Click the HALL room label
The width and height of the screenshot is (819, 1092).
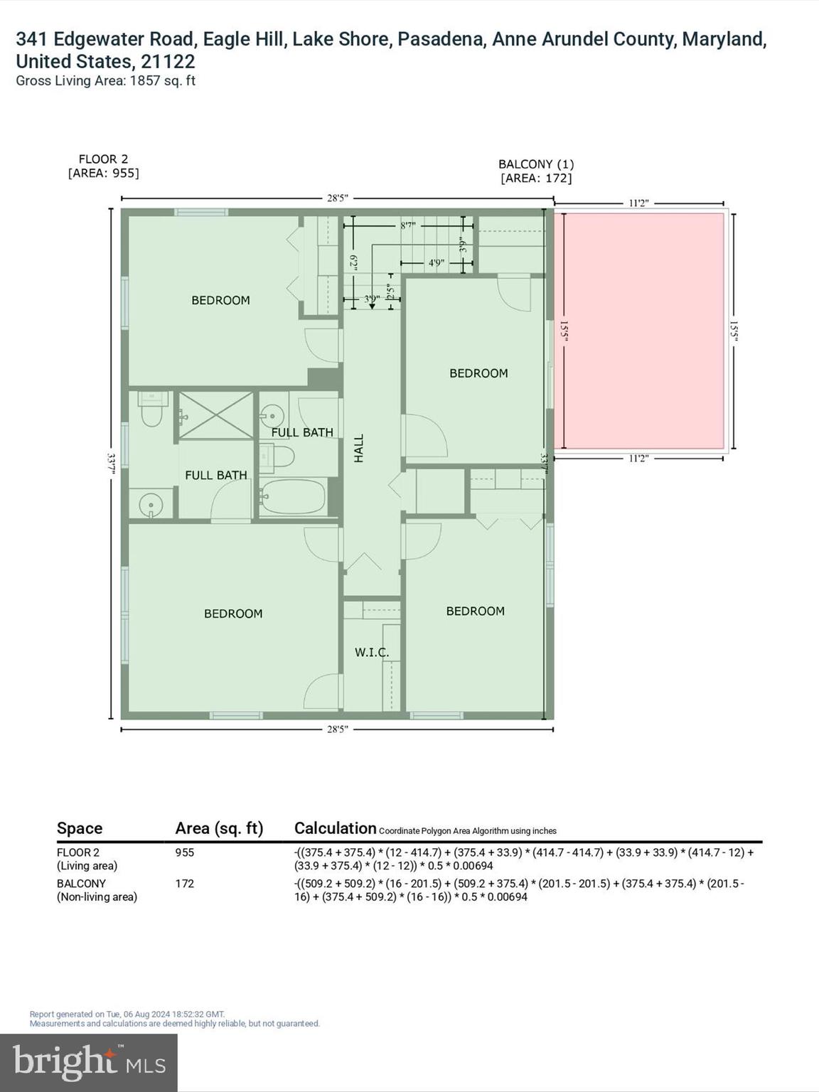[359, 449]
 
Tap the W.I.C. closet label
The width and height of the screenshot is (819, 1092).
[372, 652]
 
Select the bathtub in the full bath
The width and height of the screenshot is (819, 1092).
[293, 497]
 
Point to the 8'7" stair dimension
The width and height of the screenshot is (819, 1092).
[407, 225]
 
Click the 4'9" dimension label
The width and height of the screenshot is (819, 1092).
[436, 263]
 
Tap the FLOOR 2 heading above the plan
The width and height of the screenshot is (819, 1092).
[103, 159]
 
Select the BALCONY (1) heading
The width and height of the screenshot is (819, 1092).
[536, 164]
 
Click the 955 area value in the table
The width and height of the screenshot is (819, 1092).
[184, 852]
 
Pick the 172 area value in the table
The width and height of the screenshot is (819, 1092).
[184, 884]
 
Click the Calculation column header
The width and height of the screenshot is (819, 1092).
[335, 828]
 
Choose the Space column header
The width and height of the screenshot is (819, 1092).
[80, 828]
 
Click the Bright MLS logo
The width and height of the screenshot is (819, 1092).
[89, 1062]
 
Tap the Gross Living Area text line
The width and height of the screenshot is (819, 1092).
[105, 81]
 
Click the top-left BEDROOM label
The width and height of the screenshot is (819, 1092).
[220, 301]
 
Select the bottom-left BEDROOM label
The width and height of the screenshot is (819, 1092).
[233, 614]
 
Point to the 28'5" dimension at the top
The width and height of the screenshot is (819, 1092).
[337, 198]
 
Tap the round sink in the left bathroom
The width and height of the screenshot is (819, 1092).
[151, 505]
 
